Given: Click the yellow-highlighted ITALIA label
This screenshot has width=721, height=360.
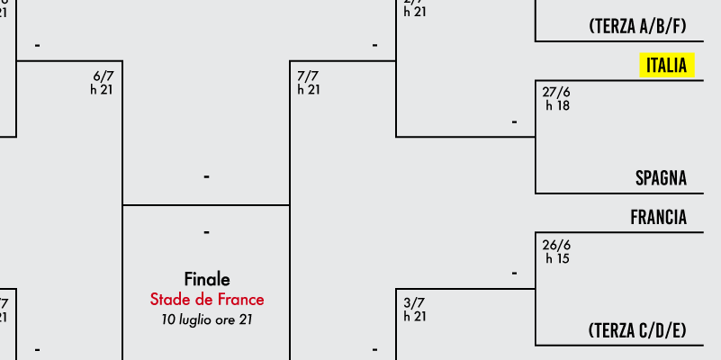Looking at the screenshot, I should click(x=666, y=65).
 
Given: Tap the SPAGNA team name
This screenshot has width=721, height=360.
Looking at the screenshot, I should click(x=661, y=178).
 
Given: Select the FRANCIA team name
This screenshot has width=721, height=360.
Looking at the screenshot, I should click(x=658, y=218).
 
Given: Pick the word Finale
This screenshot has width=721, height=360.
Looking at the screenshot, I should click(x=207, y=279).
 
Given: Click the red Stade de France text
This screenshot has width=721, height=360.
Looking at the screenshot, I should click(x=207, y=299).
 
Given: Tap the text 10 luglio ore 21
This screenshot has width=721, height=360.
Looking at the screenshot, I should click(x=207, y=319).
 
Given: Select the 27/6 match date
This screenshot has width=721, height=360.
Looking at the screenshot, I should click(x=556, y=92).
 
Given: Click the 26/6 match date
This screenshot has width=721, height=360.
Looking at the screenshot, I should click(x=556, y=245).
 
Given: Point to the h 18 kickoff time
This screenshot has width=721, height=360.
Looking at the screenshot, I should click(x=557, y=105).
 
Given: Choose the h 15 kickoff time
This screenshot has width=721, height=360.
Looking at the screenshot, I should click(x=557, y=258).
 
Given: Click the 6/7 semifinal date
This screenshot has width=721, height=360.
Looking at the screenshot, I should click(x=104, y=76).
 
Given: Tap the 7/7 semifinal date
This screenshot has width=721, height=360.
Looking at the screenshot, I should click(x=308, y=76).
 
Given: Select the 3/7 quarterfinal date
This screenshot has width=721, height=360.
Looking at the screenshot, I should click(x=414, y=303).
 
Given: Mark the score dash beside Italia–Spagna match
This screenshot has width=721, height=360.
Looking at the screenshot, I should click(x=514, y=121).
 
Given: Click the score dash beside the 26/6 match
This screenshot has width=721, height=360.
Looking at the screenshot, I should click(x=514, y=273).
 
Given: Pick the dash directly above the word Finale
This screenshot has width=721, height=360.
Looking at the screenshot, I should click(x=207, y=233).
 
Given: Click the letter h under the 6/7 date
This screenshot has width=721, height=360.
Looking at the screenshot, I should click(x=94, y=90).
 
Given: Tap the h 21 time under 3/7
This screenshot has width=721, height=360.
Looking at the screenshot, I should click(x=415, y=317).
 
